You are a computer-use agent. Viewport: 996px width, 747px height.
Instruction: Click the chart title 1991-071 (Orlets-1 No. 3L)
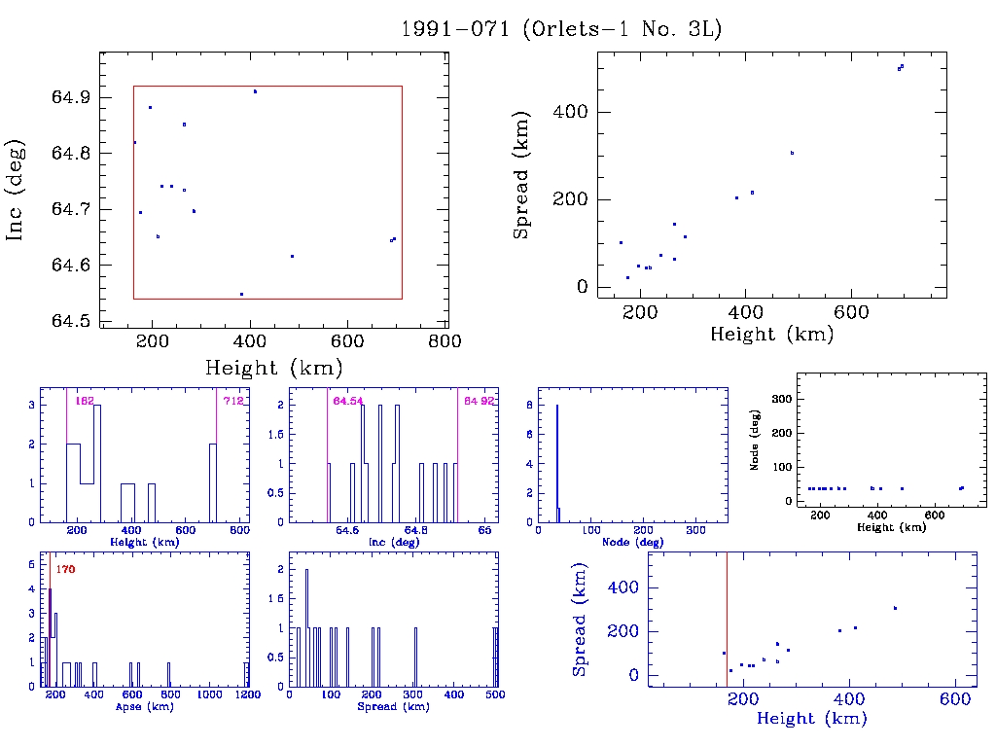pos(561,29)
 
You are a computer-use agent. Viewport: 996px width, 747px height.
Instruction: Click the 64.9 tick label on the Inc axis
pos(71,97)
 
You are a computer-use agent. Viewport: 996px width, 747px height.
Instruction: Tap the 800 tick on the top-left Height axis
pos(446,340)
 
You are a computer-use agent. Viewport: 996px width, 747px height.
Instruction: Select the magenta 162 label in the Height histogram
pos(84,401)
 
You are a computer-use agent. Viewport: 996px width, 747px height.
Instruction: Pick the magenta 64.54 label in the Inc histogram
pos(347,401)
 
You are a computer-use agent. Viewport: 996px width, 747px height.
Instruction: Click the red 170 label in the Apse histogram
pos(66,569)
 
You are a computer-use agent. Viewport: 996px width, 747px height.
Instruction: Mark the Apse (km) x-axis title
pos(142,707)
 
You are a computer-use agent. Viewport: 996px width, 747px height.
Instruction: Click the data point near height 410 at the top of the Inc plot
pos(255,91)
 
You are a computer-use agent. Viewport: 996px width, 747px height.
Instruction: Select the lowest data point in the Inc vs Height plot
pos(241,294)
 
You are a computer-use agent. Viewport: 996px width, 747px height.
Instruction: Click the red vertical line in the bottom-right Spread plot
pos(727,619)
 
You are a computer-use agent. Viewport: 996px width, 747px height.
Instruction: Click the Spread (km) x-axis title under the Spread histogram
pos(394,707)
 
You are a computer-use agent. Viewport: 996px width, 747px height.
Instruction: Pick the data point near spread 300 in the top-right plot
pos(792,153)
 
